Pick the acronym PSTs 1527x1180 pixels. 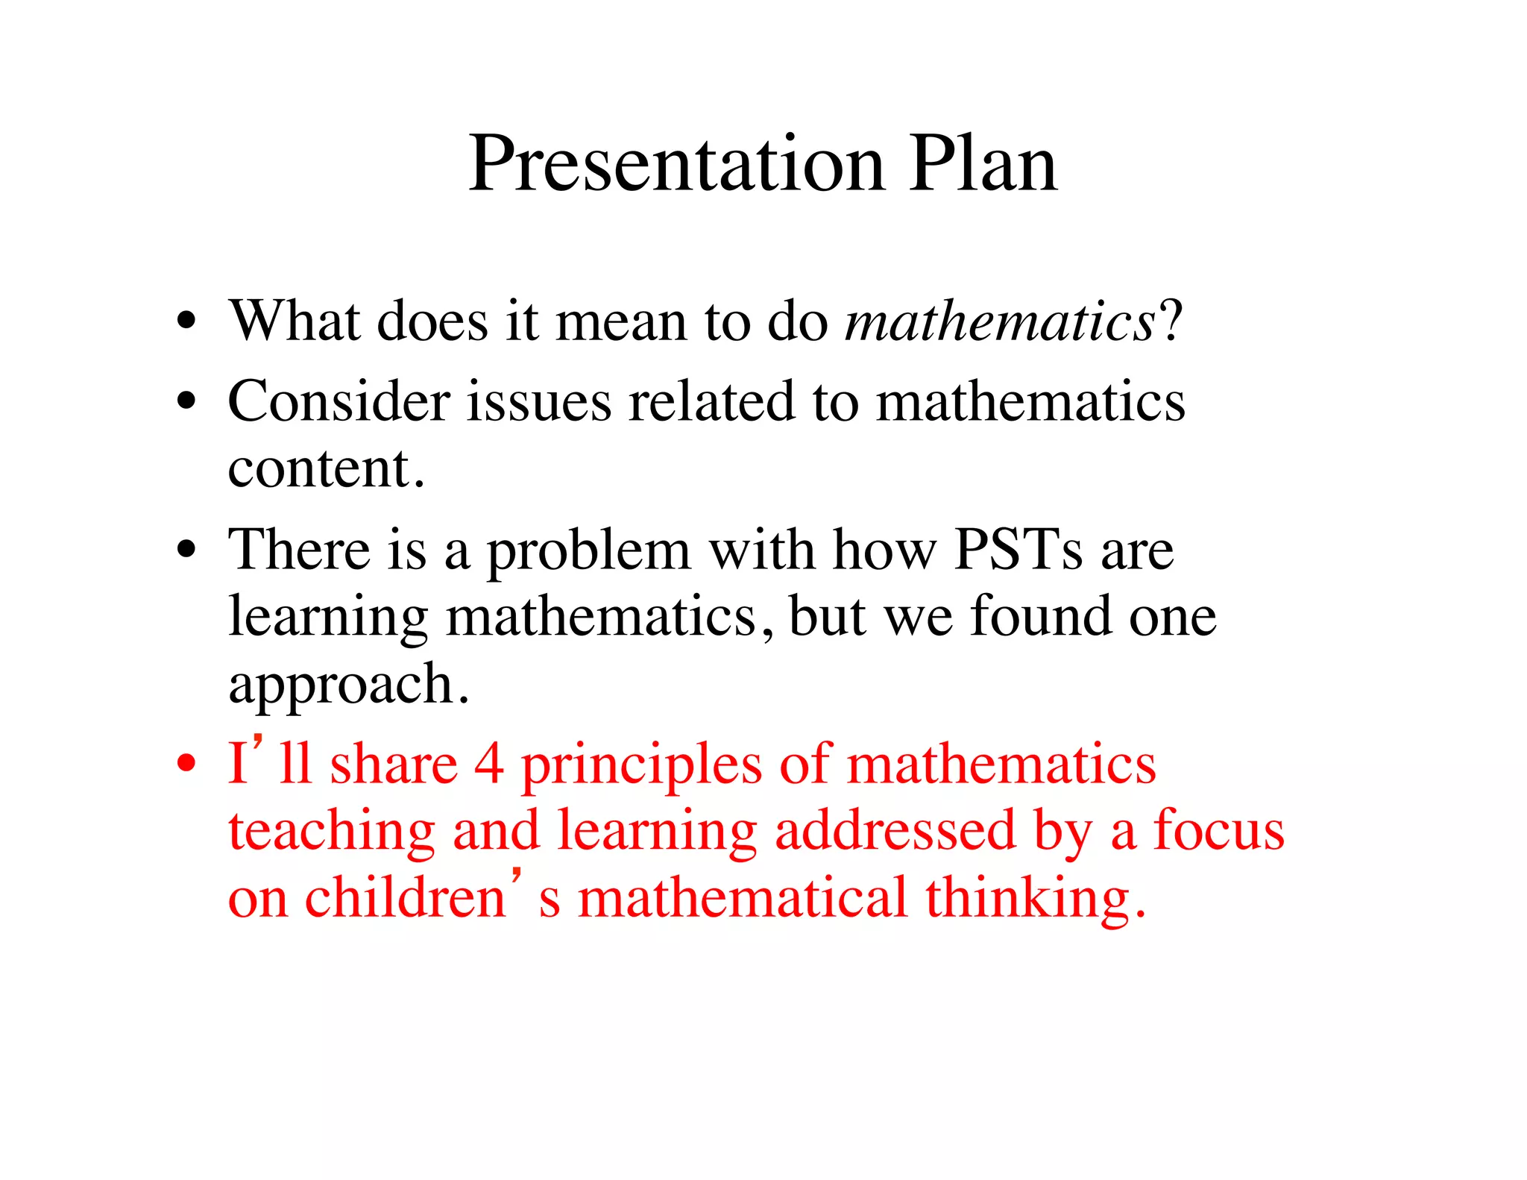(1018, 550)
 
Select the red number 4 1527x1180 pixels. (489, 765)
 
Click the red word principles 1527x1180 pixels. (641, 767)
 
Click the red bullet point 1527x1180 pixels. (186, 764)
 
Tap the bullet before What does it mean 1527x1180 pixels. (186, 322)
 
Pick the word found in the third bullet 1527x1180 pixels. (1040, 617)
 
